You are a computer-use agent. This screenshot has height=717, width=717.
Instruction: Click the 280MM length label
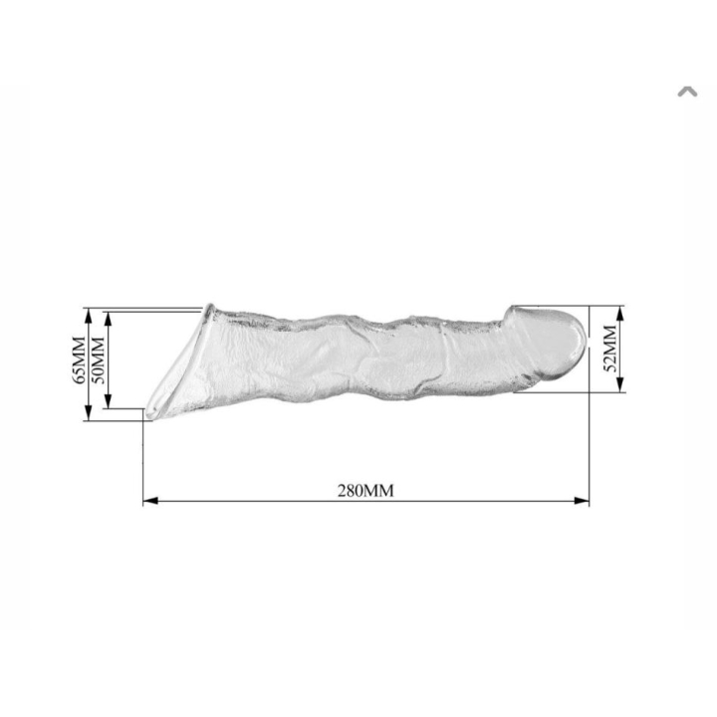pyautogui.click(x=365, y=491)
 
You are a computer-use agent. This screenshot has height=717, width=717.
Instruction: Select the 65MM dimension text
pyautogui.click(x=79, y=360)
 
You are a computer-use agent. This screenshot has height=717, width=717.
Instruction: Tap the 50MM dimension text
pyautogui.click(x=98, y=360)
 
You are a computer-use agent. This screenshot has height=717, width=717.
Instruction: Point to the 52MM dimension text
pyautogui.click(x=610, y=349)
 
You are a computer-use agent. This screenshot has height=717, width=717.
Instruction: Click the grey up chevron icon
pyautogui.click(x=687, y=92)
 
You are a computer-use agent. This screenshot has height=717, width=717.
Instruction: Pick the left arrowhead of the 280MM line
pyautogui.click(x=150, y=501)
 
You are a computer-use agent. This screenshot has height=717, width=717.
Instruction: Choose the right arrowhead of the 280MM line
pyautogui.click(x=582, y=501)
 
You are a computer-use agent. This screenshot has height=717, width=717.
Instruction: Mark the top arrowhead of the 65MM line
pyautogui.click(x=89, y=316)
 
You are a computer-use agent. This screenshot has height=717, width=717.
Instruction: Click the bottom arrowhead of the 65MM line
pyautogui.click(x=89, y=413)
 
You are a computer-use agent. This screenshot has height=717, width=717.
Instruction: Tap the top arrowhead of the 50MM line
pyautogui.click(x=108, y=320)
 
